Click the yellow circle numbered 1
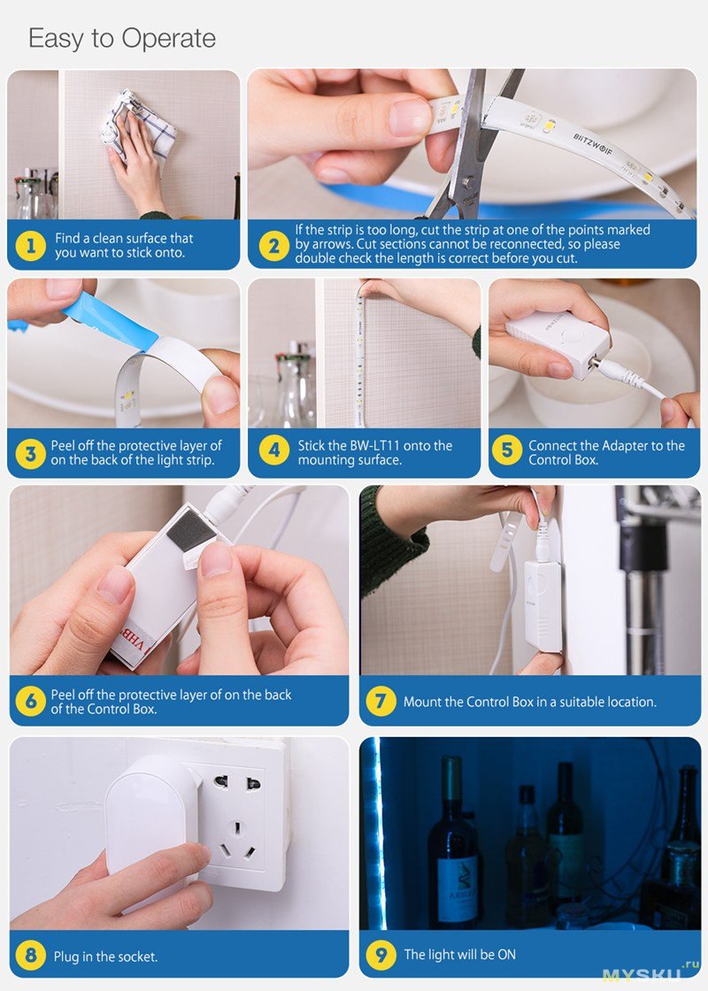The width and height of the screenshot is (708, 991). [x=30, y=245]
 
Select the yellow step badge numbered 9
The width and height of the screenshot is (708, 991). [x=381, y=954]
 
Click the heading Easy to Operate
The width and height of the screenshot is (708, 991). [x=122, y=38]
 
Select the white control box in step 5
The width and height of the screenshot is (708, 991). [x=558, y=344]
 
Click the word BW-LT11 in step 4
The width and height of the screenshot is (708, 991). [x=371, y=446]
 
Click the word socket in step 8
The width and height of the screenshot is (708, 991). [x=137, y=956]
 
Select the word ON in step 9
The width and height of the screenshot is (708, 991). [x=506, y=955]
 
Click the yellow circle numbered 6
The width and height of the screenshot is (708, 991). [x=30, y=701]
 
